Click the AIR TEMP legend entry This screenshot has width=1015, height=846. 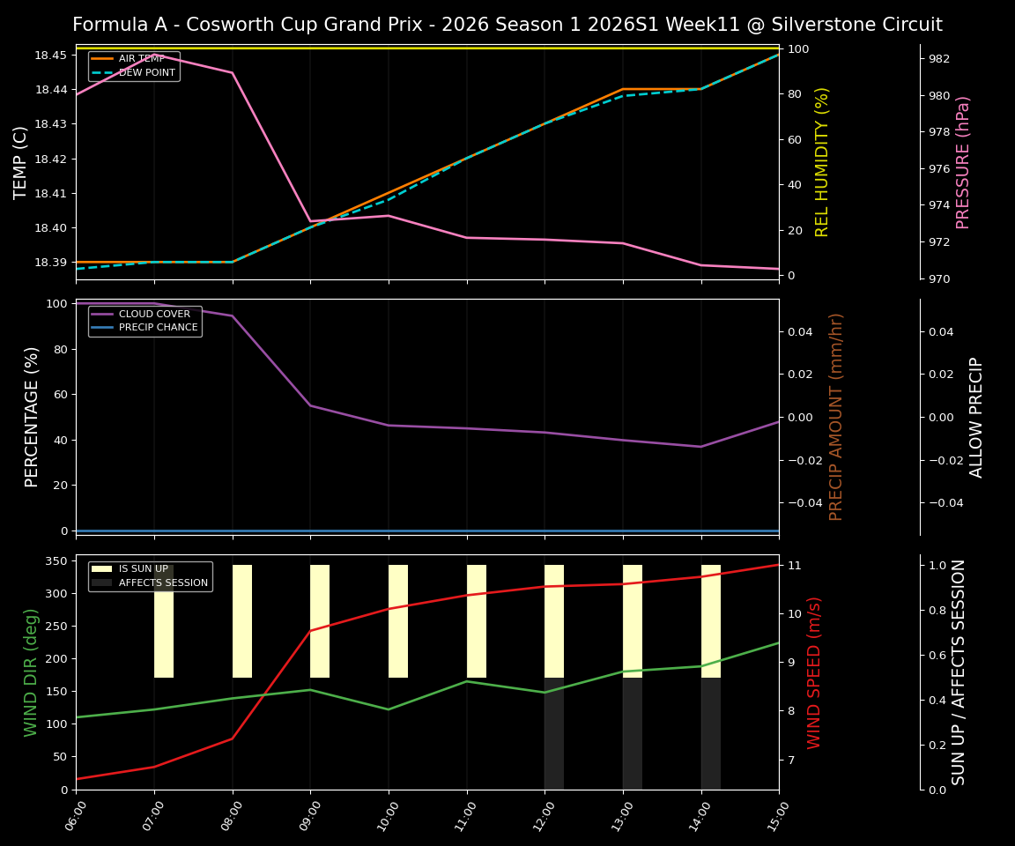point(141,59)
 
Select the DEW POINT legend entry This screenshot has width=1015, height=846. point(146,72)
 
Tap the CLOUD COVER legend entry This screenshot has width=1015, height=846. point(154,314)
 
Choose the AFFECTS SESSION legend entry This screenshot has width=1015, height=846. point(163,583)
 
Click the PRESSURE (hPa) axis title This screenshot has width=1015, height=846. point(963,162)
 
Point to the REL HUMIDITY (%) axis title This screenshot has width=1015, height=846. point(822,162)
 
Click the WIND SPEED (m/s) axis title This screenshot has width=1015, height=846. point(814,672)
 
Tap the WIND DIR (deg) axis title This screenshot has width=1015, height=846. point(32,672)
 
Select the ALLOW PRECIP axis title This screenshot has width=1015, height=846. point(976,417)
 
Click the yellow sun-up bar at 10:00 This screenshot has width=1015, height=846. point(398,621)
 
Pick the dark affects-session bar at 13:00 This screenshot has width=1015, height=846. point(632,733)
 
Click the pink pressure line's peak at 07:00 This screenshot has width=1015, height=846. point(154,56)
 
